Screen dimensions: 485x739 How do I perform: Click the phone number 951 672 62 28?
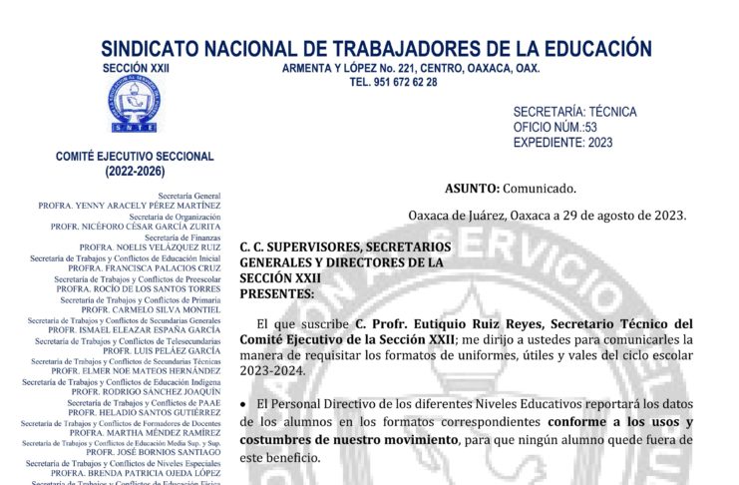(x=393, y=82)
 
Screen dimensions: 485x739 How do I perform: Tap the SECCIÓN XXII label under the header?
(x=137, y=67)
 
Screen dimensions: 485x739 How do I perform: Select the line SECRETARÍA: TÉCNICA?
(x=574, y=112)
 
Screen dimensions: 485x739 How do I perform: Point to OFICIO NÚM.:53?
(x=554, y=127)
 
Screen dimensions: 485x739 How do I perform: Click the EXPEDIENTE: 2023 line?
(x=562, y=142)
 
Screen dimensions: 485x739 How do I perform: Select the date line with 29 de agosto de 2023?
(x=548, y=215)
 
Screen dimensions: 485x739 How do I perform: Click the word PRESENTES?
(x=276, y=293)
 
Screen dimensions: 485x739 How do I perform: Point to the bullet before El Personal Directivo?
(x=244, y=403)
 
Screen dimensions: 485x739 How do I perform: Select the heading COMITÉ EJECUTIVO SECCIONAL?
(x=135, y=157)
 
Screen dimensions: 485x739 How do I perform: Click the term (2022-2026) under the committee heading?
(x=135, y=172)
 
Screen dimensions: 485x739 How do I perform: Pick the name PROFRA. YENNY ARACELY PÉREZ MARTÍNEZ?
(x=129, y=205)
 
